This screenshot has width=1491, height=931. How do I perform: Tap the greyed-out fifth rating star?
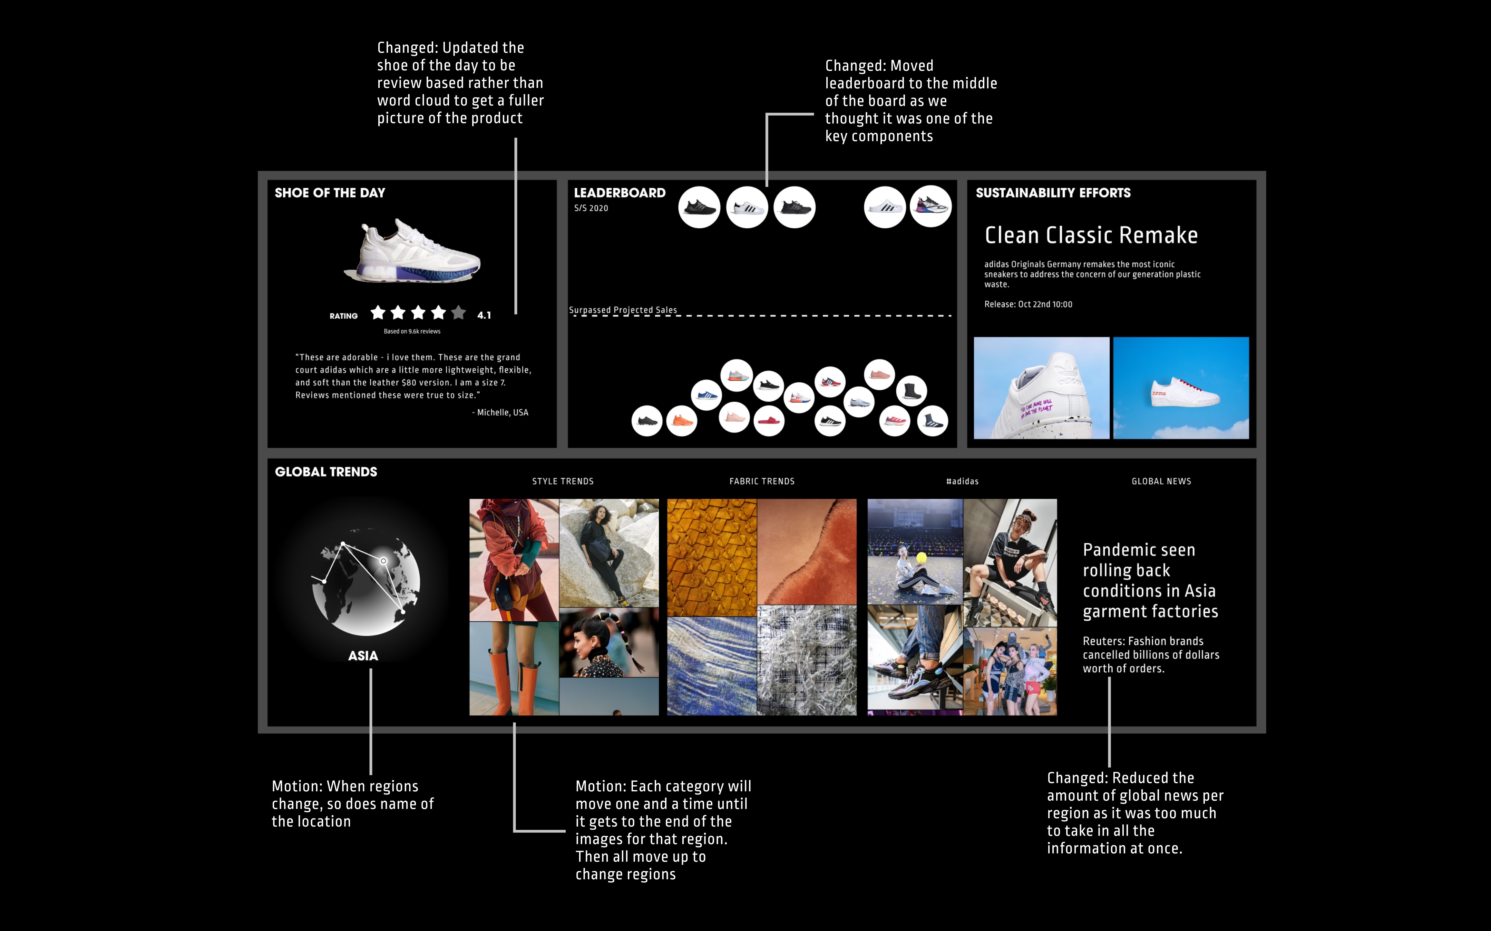click(x=458, y=313)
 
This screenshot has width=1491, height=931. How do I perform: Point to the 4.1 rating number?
click(x=484, y=315)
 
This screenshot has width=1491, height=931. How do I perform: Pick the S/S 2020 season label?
click(x=591, y=208)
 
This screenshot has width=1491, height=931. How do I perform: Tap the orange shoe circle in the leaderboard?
click(x=681, y=421)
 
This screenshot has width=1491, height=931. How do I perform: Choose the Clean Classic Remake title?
click(x=1091, y=235)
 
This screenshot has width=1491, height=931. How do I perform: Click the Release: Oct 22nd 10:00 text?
click(x=1028, y=304)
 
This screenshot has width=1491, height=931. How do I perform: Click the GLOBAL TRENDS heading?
click(x=326, y=472)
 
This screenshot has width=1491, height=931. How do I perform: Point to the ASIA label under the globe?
click(x=363, y=656)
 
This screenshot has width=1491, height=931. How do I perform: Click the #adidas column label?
click(x=962, y=481)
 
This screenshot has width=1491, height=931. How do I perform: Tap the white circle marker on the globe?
click(x=383, y=561)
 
